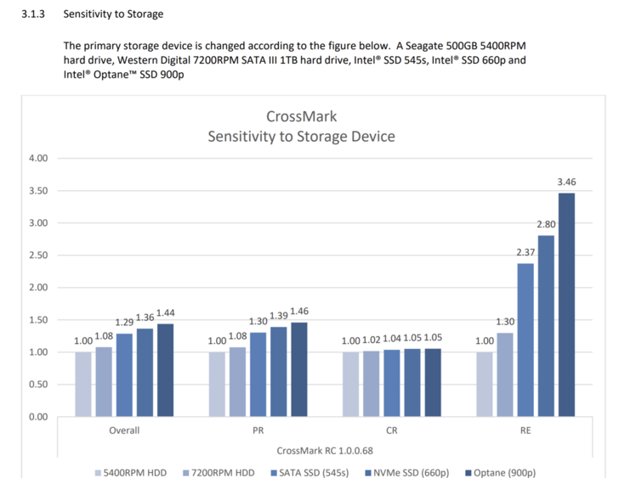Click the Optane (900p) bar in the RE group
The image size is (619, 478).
pyautogui.click(x=566, y=305)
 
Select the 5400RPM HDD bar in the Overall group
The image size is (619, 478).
pyautogui.click(x=83, y=384)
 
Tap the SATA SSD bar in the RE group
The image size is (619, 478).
pyautogui.click(x=525, y=340)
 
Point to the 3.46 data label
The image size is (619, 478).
pyautogui.click(x=566, y=182)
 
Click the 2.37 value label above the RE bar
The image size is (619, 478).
pyautogui.click(x=525, y=252)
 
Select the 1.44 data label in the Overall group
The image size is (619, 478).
pyautogui.click(x=166, y=313)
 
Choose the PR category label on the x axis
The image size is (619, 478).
pyautogui.click(x=258, y=430)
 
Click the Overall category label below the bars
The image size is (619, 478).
pyautogui.click(x=124, y=430)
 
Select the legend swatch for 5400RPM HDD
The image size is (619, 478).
pyautogui.click(x=99, y=471)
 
